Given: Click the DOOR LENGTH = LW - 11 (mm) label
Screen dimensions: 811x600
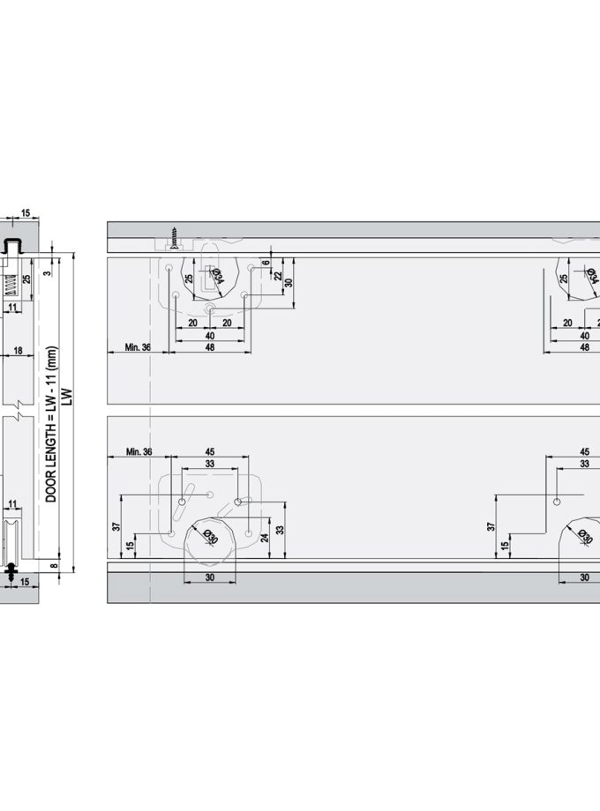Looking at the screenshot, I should coord(51,424).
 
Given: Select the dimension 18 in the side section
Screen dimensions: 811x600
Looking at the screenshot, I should coord(18,350).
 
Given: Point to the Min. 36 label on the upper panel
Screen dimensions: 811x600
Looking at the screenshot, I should coord(137,347).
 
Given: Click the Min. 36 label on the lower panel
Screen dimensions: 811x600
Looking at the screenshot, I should coord(139,451).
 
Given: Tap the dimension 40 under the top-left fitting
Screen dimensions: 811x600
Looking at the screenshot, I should coord(210,335).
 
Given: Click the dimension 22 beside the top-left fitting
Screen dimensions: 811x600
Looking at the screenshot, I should coord(278,276).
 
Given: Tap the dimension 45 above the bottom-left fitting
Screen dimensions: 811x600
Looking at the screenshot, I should coord(209,451).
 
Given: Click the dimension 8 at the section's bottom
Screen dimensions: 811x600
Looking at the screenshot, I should coord(54,568).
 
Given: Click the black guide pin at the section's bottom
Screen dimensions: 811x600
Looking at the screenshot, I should coord(11,571).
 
